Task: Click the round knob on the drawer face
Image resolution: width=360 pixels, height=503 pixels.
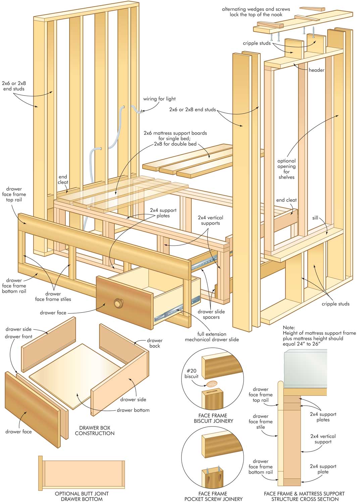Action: (118, 303)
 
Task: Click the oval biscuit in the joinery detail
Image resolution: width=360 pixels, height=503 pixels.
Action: (211, 384)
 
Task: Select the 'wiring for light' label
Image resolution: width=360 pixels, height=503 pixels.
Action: (159, 99)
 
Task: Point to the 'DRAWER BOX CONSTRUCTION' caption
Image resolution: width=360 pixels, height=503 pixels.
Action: (95, 431)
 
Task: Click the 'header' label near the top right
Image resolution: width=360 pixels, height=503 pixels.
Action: (316, 70)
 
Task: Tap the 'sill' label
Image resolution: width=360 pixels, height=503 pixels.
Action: (315, 218)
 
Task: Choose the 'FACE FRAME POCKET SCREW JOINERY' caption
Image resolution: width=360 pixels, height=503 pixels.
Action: (213, 496)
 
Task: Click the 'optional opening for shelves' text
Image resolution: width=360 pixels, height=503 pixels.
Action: (287, 169)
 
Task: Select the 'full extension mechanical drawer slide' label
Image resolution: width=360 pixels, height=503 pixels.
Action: (212, 337)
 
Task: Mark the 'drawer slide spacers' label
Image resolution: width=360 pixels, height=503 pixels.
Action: (211, 314)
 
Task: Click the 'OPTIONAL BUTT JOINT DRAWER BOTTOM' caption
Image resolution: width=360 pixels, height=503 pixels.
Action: (82, 496)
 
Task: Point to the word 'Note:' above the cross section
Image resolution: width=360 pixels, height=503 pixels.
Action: (289, 327)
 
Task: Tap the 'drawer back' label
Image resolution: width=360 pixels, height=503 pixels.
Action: (154, 343)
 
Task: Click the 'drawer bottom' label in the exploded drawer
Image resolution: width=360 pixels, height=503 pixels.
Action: (133, 410)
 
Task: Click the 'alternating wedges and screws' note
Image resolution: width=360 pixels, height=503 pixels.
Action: (256, 12)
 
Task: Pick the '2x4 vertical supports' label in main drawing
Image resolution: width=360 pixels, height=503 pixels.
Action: (210, 220)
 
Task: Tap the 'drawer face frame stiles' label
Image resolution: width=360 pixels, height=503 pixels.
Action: (53, 296)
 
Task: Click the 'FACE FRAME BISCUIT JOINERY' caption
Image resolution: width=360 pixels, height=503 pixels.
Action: (213, 418)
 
